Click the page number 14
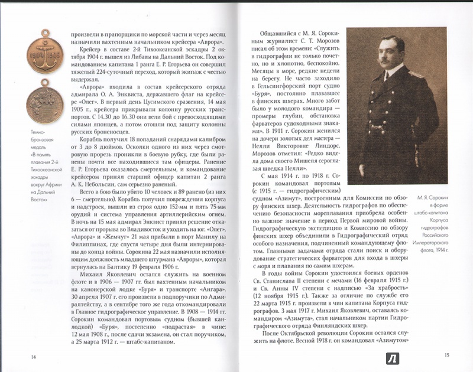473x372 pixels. coord(33,356)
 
